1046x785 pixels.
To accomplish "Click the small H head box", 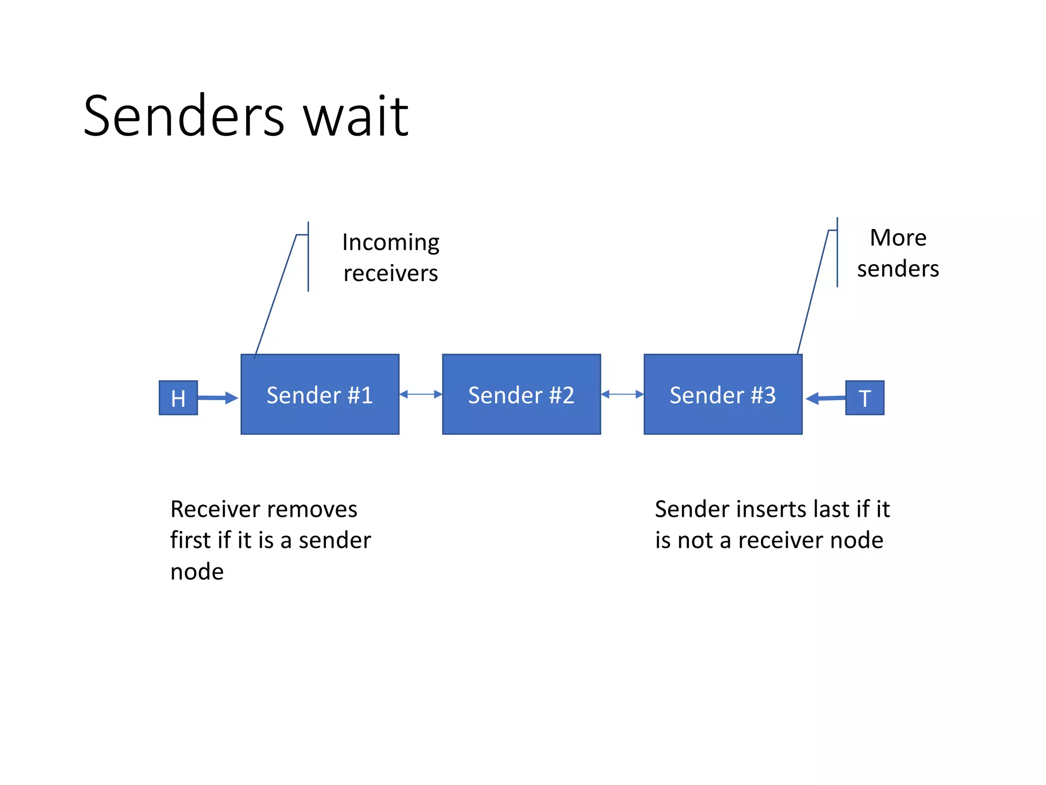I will coord(178,398).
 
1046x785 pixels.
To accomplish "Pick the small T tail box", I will coord(864,398).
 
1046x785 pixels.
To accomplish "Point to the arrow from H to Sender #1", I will coord(217,397).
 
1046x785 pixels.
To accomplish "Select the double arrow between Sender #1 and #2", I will coord(421,394).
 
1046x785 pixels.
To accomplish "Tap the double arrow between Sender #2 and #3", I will coord(622,394).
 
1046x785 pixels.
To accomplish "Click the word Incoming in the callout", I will coord(391,242).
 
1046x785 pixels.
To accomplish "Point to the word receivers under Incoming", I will coord(391,273).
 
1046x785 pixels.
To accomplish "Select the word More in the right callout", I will coord(898,238).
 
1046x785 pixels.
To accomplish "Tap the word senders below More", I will coord(898,269).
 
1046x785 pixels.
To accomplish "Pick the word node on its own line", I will coord(197,571).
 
